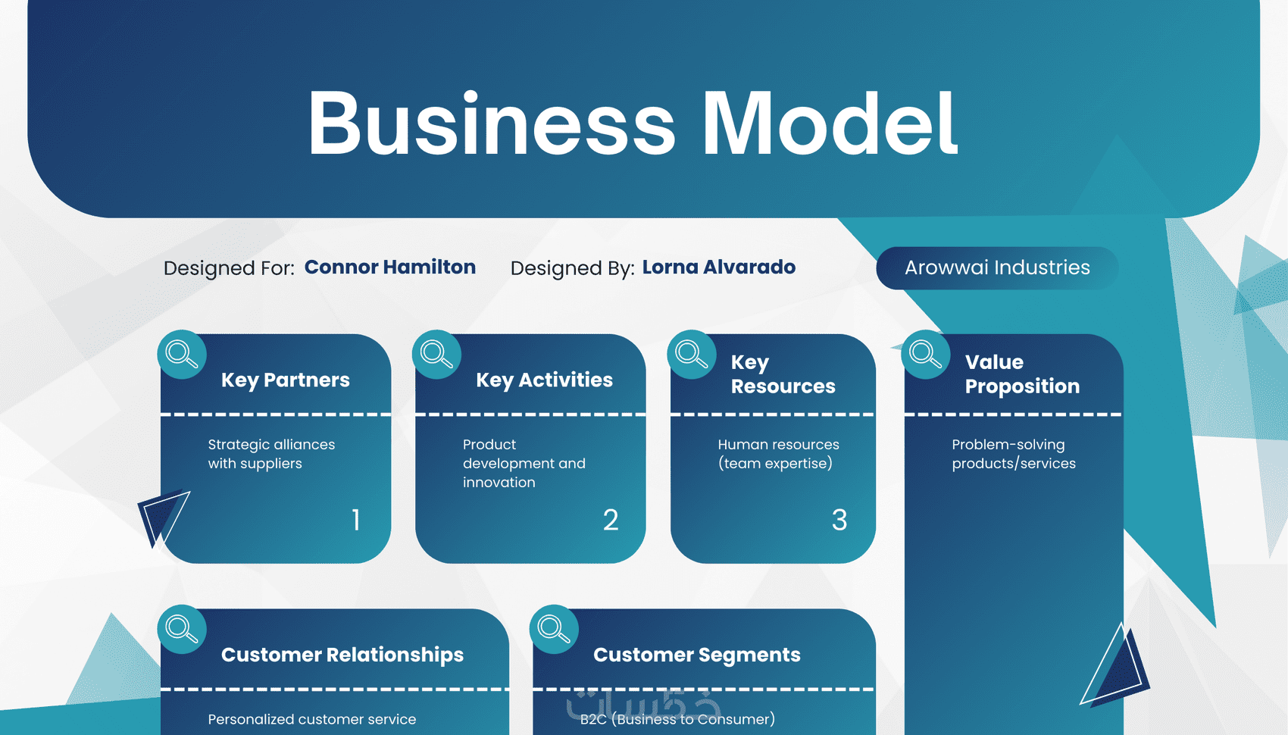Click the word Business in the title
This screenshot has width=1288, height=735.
(491, 124)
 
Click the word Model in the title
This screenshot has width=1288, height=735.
(830, 124)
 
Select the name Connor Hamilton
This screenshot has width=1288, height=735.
(390, 267)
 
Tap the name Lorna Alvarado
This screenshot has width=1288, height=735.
(719, 267)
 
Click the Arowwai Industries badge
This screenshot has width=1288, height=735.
(997, 268)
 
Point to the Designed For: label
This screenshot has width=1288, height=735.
(229, 268)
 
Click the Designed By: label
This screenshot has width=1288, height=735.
(572, 268)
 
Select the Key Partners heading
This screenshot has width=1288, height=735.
(286, 380)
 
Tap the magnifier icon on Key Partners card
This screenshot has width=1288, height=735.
(182, 354)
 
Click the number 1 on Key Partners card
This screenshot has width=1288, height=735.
(356, 520)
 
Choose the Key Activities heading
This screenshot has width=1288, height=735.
(544, 380)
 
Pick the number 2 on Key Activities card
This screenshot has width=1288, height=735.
(611, 520)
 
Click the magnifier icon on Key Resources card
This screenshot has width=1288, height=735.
(692, 354)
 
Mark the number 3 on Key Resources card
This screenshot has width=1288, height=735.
(839, 520)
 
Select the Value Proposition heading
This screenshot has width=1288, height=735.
(1022, 374)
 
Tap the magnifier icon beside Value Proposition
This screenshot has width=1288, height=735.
(925, 354)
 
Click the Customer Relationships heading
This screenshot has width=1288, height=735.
(342, 655)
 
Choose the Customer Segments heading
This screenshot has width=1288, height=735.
(697, 655)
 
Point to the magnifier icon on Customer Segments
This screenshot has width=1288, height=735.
(554, 629)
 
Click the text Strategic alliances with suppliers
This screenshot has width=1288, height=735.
(271, 454)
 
